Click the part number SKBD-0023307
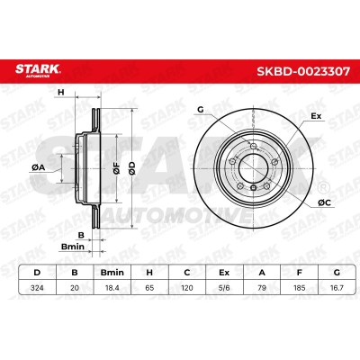[302, 72]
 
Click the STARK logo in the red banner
[38, 70]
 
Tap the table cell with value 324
[37, 288]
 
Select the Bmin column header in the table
[112, 273]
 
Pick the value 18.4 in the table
[112, 288]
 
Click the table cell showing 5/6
[224, 288]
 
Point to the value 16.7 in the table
[337, 288]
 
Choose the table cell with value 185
[299, 288]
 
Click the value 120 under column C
[187, 288]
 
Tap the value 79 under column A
[262, 288]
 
